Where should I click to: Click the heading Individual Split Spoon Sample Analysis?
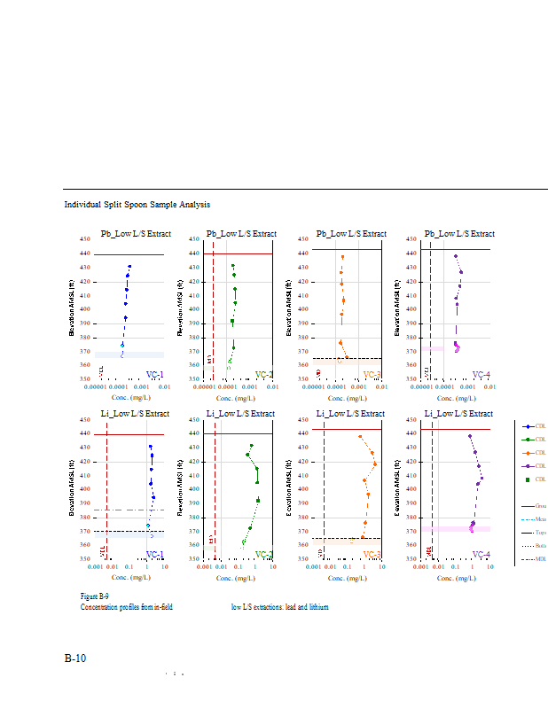pyautogui.click(x=137, y=205)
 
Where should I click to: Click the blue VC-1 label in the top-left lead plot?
pyautogui.click(x=154, y=375)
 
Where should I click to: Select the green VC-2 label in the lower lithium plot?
pyautogui.click(x=263, y=555)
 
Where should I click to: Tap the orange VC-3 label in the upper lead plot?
pyautogui.click(x=372, y=375)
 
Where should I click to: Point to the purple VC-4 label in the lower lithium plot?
pyautogui.click(x=481, y=555)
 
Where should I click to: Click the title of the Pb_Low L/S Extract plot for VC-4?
pyautogui.click(x=459, y=234)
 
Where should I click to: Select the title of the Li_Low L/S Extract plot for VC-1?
pyautogui.click(x=135, y=414)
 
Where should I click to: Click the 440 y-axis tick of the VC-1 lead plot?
pyautogui.click(x=85, y=253)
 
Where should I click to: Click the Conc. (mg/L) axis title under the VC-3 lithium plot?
pyautogui.click(x=351, y=577)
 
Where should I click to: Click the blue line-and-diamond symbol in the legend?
pyautogui.click(x=528, y=427)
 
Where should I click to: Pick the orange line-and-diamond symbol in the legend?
pyautogui.click(x=528, y=453)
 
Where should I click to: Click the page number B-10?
pyautogui.click(x=74, y=658)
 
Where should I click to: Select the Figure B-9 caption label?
pyautogui.click(x=94, y=597)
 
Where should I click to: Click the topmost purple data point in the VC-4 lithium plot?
pyautogui.click(x=470, y=436)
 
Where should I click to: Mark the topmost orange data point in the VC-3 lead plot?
pyautogui.click(x=342, y=257)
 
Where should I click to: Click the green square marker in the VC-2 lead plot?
pyautogui.click(x=232, y=321)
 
